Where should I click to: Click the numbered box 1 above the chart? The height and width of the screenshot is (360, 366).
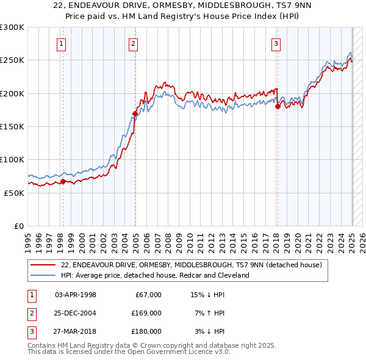[62, 43]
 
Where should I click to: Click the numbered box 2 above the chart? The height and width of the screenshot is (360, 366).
[133, 43]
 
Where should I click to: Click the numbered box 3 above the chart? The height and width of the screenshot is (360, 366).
[276, 43]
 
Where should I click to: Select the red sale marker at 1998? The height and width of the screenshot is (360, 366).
[63, 181]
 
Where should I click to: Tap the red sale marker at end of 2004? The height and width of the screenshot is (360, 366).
[135, 113]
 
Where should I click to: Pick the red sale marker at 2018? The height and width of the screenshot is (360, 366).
[278, 106]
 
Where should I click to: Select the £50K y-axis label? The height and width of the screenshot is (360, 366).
[14, 193]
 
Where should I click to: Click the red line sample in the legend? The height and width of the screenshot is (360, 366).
[43, 265]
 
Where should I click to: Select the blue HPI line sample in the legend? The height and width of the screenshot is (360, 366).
[43, 275]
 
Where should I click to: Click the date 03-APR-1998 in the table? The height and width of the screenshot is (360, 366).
[76, 295]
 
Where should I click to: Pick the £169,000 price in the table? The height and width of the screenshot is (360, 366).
[146, 313]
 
